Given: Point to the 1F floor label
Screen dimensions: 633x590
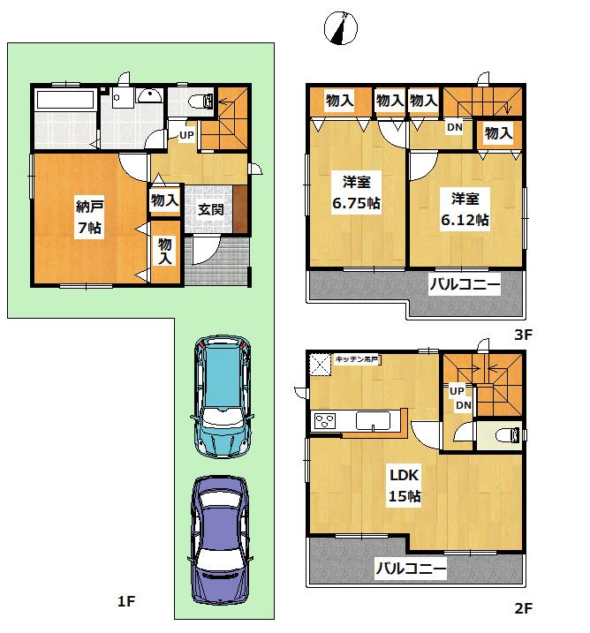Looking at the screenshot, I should click(126, 602).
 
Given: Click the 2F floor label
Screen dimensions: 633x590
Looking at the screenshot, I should click(523, 607).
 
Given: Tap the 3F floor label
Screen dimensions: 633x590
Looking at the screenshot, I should click(524, 335).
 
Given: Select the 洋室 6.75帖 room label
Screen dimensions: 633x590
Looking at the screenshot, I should click(357, 192).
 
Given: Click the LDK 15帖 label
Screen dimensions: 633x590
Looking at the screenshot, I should click(405, 485).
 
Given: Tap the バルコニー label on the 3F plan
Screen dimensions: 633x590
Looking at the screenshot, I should click(465, 285).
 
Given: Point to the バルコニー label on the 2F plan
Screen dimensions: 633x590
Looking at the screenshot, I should click(410, 568).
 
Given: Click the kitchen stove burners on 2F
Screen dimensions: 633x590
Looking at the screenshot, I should click(324, 421).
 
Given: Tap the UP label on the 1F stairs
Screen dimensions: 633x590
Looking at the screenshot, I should click(186, 135).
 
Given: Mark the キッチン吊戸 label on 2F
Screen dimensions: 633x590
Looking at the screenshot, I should click(357, 359).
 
